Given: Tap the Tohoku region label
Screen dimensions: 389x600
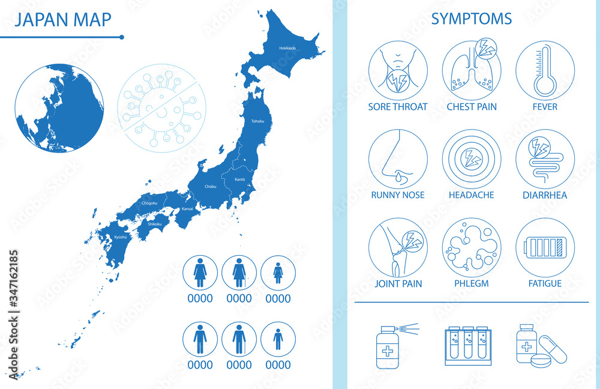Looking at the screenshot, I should pyautogui.click(x=257, y=121).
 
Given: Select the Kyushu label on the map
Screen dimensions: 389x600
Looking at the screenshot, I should pyautogui.click(x=121, y=237).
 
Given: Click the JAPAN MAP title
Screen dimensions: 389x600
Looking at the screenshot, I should pyautogui.click(x=62, y=20).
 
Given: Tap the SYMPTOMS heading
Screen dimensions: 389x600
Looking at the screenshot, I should pyautogui.click(x=472, y=19).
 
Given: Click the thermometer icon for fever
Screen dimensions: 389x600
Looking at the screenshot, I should pyautogui.click(x=545, y=70).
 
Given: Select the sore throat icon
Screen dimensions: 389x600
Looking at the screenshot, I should pyautogui.click(x=398, y=70).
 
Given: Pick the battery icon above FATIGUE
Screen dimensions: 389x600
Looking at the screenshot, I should pyautogui.click(x=545, y=247).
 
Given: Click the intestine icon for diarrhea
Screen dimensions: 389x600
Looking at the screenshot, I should pyautogui.click(x=545, y=159).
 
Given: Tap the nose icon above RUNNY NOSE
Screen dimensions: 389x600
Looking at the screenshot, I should pyautogui.click(x=398, y=159).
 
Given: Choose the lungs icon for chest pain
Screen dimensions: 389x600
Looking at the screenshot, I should pyautogui.click(x=472, y=70).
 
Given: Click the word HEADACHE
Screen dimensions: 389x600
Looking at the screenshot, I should pyautogui.click(x=472, y=195).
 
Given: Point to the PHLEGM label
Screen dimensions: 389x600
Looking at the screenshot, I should pyautogui.click(x=472, y=283).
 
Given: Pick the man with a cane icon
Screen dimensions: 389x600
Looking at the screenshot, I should pyautogui.click(x=239, y=339).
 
